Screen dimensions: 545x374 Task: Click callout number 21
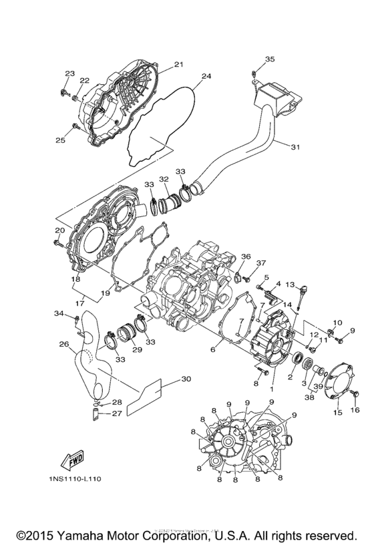point(178,65)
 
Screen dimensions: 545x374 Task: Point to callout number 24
point(206,76)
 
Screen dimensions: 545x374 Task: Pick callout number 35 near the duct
point(269,59)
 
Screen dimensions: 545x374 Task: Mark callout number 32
point(164,180)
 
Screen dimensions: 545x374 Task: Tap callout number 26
point(63,345)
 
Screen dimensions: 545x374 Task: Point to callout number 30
point(186,379)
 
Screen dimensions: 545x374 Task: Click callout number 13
point(290,285)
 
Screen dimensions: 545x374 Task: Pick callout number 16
point(355,409)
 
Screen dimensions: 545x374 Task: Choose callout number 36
point(246,256)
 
